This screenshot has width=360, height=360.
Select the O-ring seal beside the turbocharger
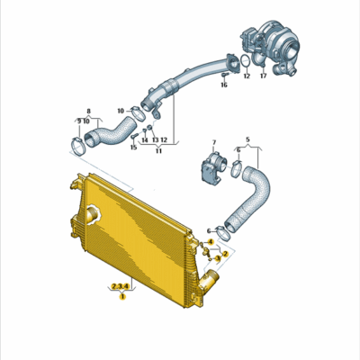[x=239, y=61]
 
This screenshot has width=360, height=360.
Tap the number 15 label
[x=133, y=147]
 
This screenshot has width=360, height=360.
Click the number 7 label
[x=213, y=142]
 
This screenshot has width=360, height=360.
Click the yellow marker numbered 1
[x=121, y=296]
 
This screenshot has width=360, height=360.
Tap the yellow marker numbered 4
[x=211, y=242]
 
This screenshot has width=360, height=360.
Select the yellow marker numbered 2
[x=226, y=254]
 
